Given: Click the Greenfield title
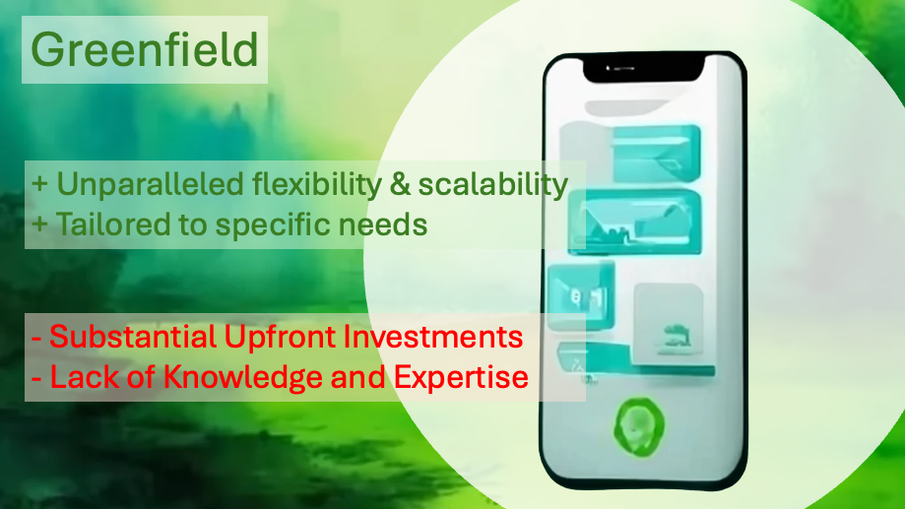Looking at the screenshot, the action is coord(145,49).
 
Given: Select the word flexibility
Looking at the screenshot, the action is coord(317,185).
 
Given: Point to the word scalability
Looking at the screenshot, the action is coord(493,185).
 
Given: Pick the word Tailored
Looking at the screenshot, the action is coord(113,223).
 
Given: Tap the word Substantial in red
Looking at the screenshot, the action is coord(133,337).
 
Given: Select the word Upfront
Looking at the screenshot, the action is coord(280,338).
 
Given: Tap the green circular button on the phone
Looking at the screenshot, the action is coord(638,427).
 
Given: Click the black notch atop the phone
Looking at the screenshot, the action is coord(644,69).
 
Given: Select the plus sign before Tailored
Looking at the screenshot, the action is coord(39,224).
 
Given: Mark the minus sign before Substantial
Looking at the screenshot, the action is coord(37,338).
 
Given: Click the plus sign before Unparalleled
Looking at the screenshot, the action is coord(39,185).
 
